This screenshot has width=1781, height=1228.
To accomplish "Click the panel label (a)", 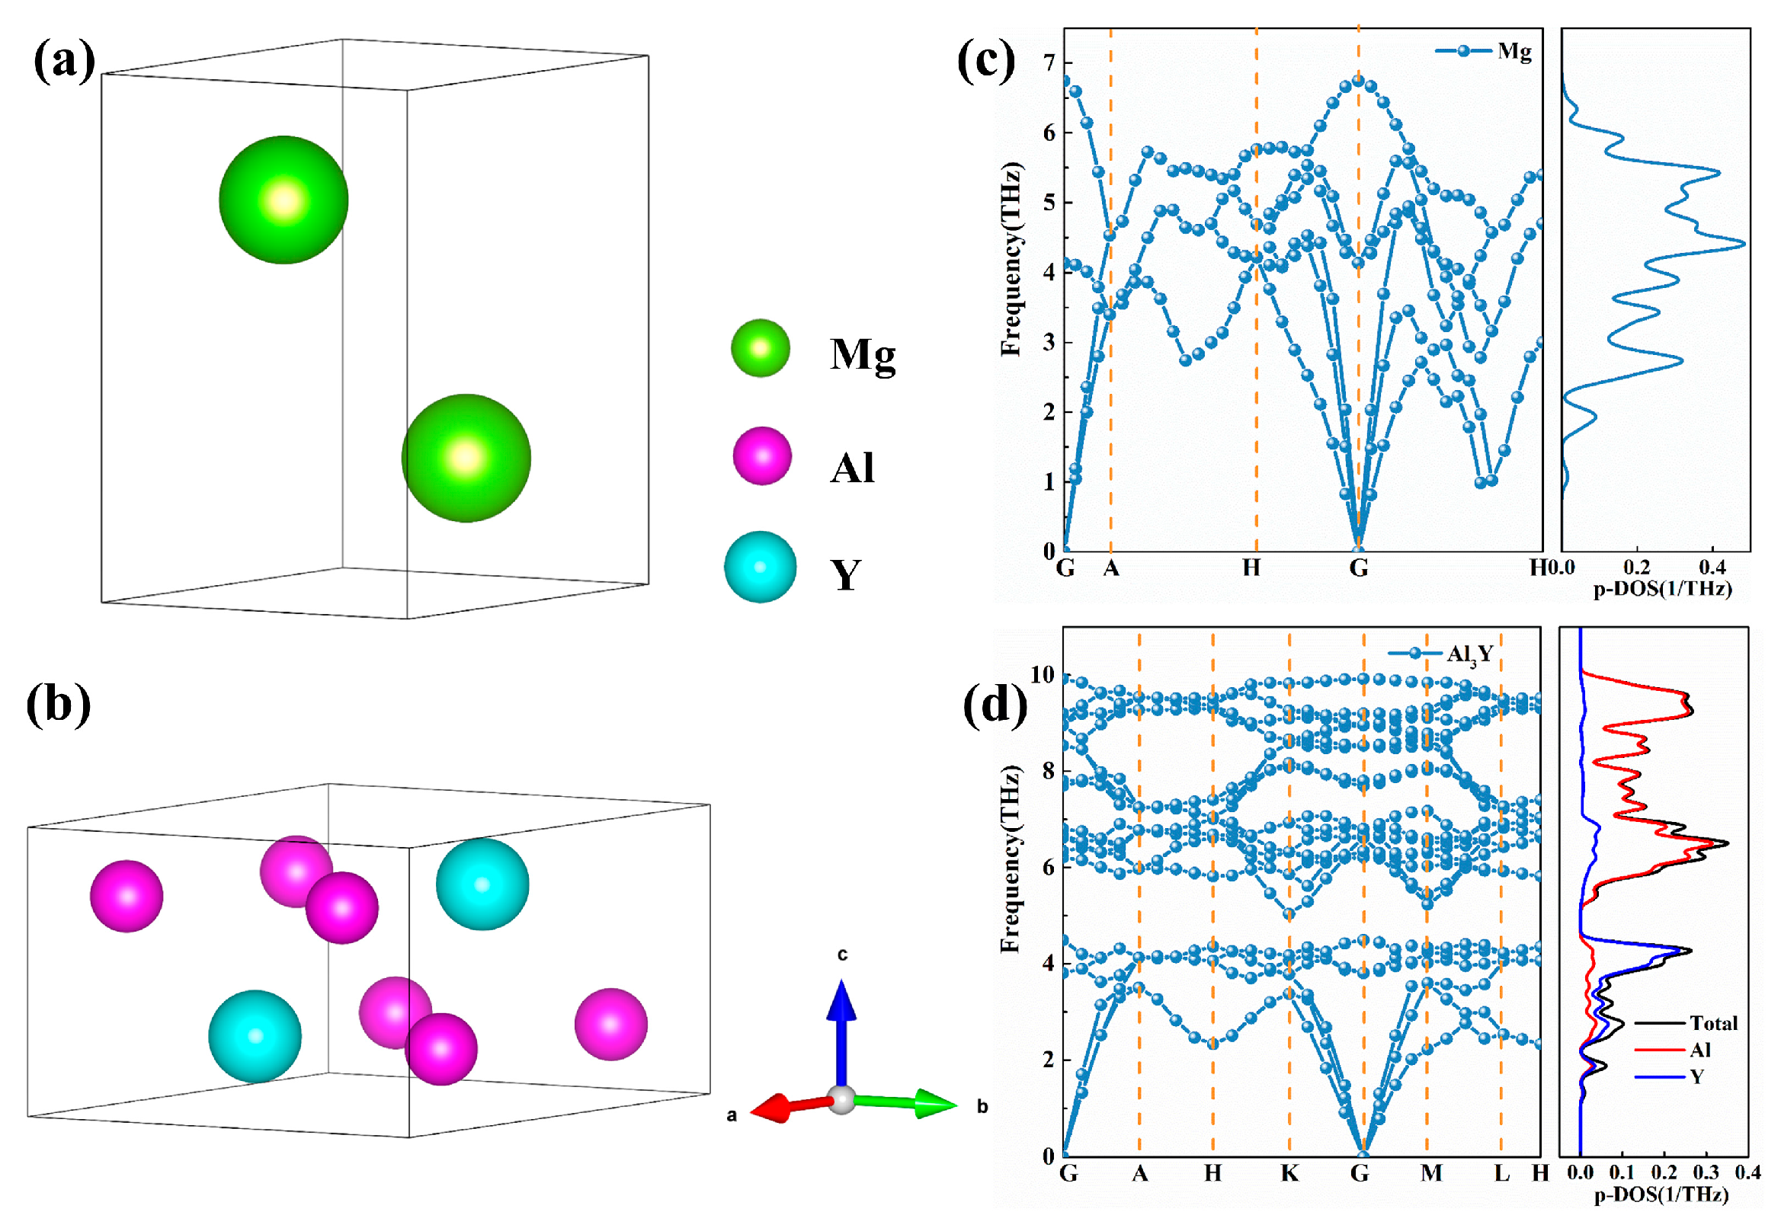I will tap(65, 62).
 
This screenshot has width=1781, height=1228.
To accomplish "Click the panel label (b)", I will tap(59, 705).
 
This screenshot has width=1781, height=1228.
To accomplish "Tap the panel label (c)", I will tap(986, 62).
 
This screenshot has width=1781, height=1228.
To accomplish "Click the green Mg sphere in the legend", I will tap(761, 349).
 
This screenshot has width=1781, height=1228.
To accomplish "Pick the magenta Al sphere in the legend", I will tap(762, 456).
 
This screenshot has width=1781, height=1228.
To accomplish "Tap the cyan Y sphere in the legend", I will tap(761, 567).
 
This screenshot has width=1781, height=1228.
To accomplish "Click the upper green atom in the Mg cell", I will tap(283, 200).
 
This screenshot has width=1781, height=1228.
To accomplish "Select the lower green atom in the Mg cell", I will tap(466, 458).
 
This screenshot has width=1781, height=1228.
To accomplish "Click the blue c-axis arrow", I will tap(841, 1031).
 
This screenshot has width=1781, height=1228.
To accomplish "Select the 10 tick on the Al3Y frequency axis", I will tap(1042, 676).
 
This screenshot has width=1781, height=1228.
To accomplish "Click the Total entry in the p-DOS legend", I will tap(1713, 1023).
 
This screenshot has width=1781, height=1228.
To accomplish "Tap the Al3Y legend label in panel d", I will tap(1470, 654).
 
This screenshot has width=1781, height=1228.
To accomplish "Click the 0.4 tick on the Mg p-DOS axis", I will tap(1712, 568).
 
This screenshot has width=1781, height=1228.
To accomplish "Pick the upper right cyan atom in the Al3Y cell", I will tap(482, 884).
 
